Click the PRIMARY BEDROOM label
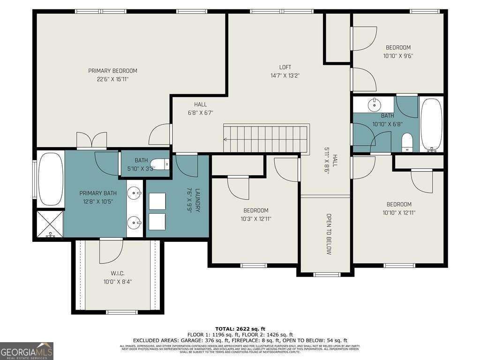[x=112, y=71]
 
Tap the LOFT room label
[x=285, y=67]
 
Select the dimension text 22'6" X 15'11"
[x=112, y=79]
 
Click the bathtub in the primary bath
[x=50, y=180]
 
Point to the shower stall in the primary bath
[x=50, y=224]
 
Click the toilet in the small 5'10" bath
[x=161, y=165]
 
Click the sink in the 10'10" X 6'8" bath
[x=375, y=105]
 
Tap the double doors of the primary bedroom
[x=92, y=140]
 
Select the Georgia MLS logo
[x=27, y=351]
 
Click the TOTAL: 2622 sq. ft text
[x=240, y=329]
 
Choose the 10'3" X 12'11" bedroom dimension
[x=255, y=218]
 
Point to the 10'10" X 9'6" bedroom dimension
[x=398, y=55]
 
